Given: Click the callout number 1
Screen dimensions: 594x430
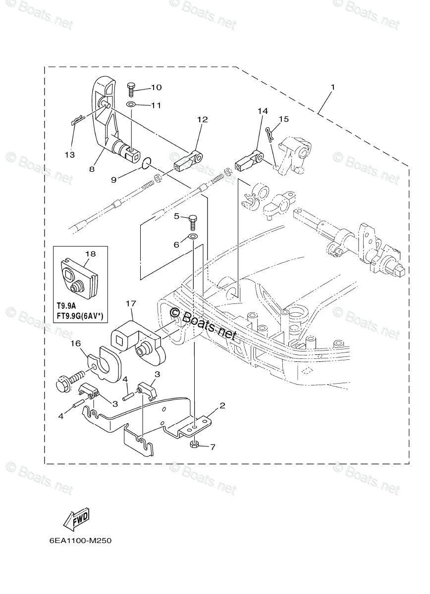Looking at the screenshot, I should click(333, 88).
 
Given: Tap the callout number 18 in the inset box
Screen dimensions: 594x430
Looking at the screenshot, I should click(90, 253).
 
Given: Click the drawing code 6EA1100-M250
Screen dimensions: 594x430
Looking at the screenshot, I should click(80, 541).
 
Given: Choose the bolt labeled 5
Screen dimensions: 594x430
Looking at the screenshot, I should click(193, 218).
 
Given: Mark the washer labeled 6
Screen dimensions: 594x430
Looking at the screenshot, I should click(193, 237).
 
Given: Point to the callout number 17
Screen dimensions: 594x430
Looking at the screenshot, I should click(130, 302).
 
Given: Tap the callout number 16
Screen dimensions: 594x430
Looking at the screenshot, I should click(75, 343).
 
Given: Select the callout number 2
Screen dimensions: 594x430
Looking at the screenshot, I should click(222, 405).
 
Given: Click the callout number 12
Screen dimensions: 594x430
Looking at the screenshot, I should click(202, 119).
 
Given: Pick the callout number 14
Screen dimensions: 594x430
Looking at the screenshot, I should click(262, 111).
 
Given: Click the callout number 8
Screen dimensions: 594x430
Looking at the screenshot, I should click(92, 169).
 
